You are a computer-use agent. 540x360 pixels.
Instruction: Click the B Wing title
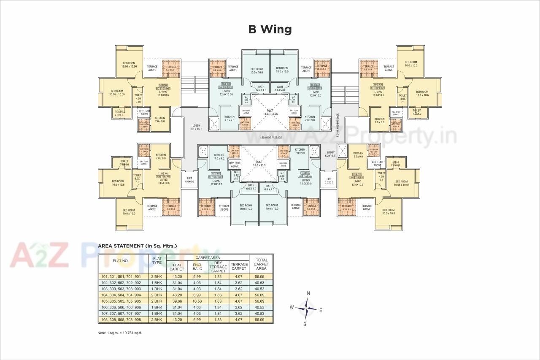(x=270, y=29)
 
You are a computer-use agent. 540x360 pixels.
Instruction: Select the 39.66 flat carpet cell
(x=176, y=301)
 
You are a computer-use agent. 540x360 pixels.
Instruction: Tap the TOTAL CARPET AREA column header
(x=261, y=264)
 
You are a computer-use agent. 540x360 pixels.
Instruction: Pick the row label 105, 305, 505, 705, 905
(x=123, y=301)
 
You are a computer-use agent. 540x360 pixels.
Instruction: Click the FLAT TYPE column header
(x=157, y=260)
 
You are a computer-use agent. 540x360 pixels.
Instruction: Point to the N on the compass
(x=308, y=293)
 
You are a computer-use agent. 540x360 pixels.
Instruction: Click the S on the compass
(x=305, y=324)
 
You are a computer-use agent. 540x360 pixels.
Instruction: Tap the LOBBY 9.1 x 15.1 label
(x=196, y=127)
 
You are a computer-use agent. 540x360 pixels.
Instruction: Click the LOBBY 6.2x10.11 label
(x=330, y=154)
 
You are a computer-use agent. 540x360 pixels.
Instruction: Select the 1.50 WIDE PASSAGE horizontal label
(x=270, y=138)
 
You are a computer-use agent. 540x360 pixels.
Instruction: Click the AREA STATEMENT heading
(x=137, y=246)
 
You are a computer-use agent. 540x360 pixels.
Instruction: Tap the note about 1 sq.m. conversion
(x=120, y=333)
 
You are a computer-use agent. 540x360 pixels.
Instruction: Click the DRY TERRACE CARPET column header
(x=218, y=267)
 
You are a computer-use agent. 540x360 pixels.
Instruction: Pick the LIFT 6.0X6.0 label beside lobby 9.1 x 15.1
(x=189, y=180)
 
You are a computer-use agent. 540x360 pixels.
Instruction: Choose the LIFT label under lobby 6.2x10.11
(x=329, y=181)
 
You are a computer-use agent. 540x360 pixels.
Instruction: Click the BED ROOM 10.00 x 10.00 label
(x=129, y=65)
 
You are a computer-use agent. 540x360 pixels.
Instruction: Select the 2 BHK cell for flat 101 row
(x=157, y=276)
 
